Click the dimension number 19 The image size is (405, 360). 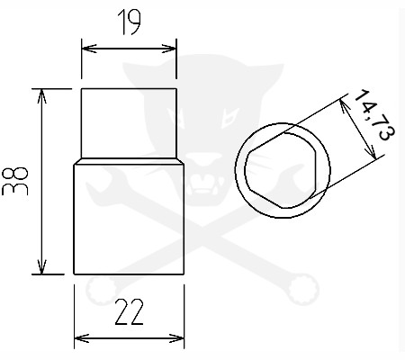pyautogui.click(x=129, y=22)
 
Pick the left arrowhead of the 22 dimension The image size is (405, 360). pyautogui.click(x=78, y=338)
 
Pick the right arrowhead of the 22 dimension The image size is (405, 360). pyautogui.click(x=180, y=338)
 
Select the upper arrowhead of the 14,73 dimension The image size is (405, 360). pyautogui.click(x=346, y=104)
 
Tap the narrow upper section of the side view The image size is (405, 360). pyautogui.click(x=129, y=123)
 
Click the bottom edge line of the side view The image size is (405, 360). pyautogui.click(x=129, y=274)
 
